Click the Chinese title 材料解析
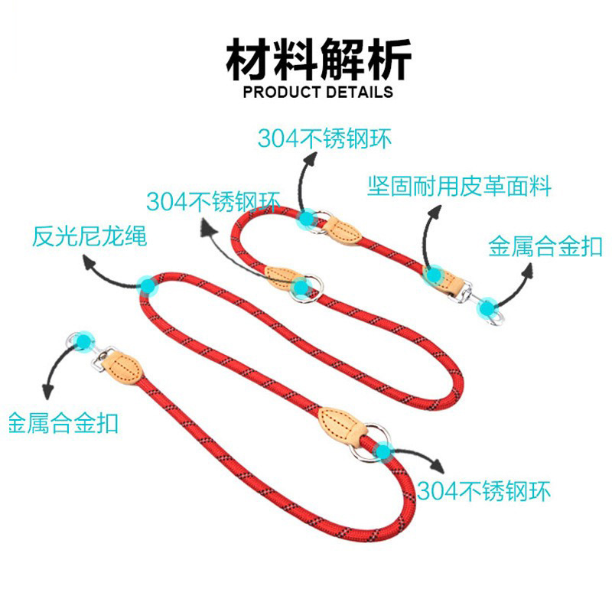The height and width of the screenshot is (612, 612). pos(317,60)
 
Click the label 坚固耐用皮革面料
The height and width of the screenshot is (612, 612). pos(458,186)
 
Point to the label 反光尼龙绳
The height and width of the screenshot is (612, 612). pos(89,236)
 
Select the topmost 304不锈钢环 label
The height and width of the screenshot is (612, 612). pos(324,138)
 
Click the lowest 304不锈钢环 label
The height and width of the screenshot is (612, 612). pos(483,490)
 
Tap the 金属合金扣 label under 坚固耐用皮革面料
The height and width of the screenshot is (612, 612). pos(545,246)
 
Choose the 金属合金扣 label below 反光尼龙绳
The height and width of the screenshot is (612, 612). pos(63,423)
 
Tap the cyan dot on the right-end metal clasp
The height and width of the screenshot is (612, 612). pos(487,310)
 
